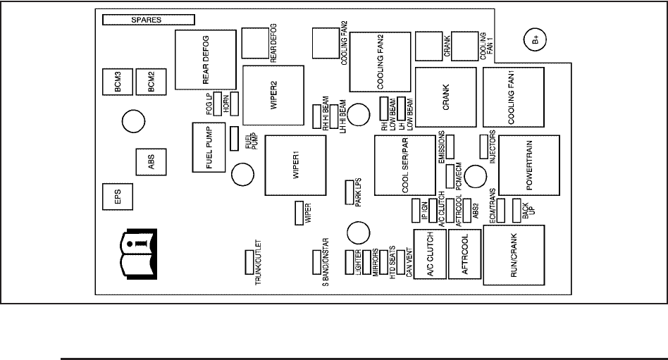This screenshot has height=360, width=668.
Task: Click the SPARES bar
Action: [149, 20]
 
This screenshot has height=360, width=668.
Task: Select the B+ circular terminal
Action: [535, 39]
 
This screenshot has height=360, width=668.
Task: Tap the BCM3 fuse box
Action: [118, 82]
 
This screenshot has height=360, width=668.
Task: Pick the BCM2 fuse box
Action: [151, 82]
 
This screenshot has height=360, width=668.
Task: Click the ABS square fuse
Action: [151, 162]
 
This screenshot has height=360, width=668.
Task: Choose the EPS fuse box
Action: [118, 197]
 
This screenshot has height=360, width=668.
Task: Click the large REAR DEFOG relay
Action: [206, 60]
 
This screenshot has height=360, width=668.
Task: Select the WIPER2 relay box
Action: [273, 95]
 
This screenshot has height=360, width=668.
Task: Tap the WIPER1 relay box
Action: [296, 166]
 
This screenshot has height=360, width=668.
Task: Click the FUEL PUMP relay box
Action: [209, 147]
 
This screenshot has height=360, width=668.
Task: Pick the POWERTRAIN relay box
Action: [529, 166]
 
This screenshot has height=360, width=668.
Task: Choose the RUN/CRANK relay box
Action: [514, 255]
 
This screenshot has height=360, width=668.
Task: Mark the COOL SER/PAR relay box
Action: [405, 166]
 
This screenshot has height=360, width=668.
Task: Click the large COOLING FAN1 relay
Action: [514, 97]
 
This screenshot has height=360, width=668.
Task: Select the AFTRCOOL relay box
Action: [465, 254]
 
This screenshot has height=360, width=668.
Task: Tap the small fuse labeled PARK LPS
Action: [350, 192]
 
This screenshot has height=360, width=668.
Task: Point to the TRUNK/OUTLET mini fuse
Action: [249, 262]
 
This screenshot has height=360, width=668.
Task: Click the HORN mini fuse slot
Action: [235, 104]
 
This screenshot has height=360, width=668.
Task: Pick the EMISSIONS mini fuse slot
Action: [450, 147]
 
